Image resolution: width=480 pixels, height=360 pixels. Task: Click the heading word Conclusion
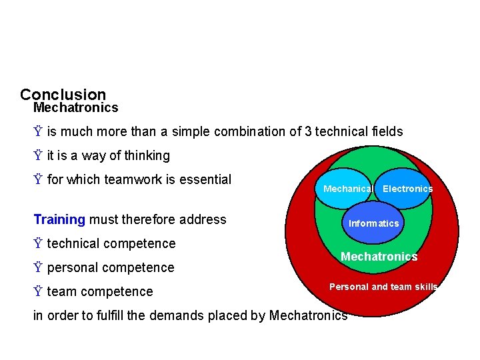coord(63,95)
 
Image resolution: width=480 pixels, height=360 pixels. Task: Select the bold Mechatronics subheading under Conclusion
coord(75,107)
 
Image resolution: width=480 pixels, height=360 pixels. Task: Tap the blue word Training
coord(59,219)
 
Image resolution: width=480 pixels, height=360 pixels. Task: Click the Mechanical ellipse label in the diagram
coord(347,189)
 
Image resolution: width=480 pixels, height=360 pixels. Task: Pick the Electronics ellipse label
coord(407,189)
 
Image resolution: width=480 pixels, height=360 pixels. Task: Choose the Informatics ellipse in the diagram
coord(373,223)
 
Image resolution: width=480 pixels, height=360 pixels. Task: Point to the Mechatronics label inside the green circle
coord(379,257)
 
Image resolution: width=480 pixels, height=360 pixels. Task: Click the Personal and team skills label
coord(383,287)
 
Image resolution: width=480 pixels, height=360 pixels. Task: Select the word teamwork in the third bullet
coord(124,179)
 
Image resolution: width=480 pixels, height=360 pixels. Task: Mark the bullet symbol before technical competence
coord(39,243)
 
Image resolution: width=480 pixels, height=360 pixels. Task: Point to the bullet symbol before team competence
coord(39,291)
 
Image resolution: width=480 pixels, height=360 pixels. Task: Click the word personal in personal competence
coord(71,267)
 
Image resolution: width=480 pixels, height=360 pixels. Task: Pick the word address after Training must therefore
coord(205,219)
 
